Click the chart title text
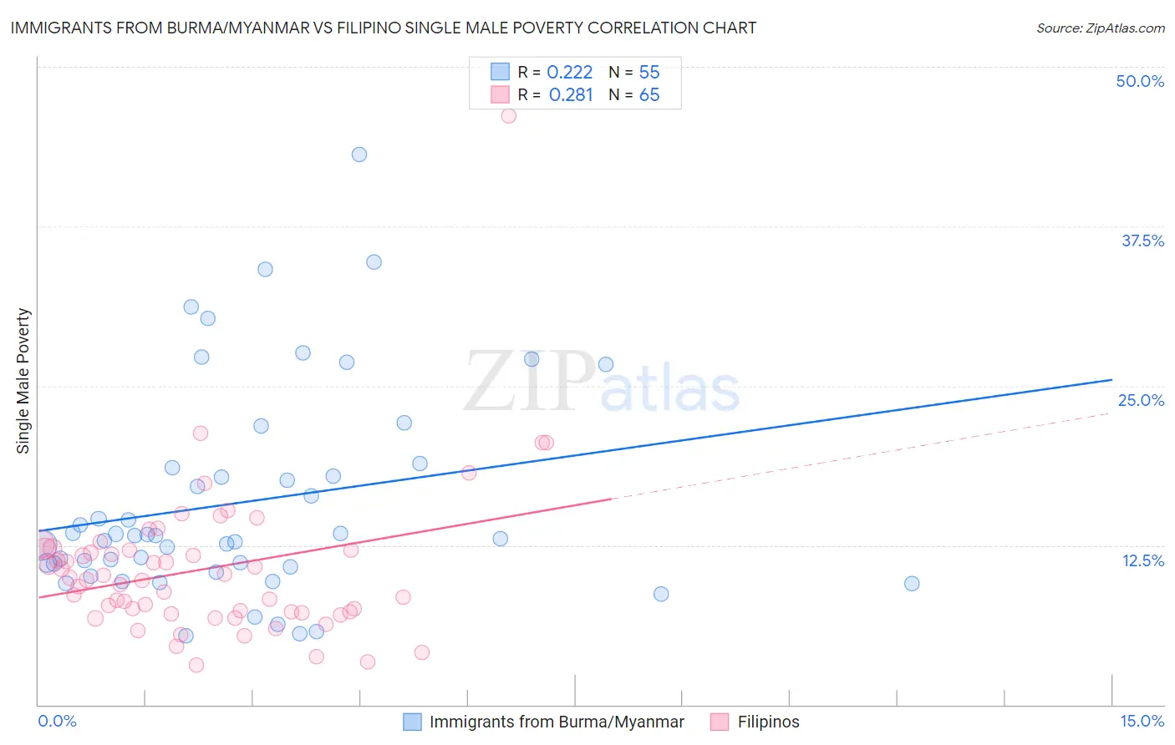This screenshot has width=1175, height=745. point(384,28)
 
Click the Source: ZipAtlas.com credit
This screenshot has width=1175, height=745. point(1100,28)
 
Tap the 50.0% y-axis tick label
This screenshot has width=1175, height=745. point(1140,81)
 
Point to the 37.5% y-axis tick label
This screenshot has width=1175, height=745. point(1142,241)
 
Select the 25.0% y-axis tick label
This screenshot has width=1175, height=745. point(1141,400)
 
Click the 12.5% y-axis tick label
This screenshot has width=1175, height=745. point(1142,560)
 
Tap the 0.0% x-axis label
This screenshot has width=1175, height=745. point(57,721)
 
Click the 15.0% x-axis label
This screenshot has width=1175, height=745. point(1142,721)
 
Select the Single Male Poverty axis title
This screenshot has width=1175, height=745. point(23,381)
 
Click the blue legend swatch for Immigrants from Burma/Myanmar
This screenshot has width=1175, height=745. point(412,722)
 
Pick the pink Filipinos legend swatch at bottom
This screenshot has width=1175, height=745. point(720,722)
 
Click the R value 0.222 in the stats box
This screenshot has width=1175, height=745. point(569,72)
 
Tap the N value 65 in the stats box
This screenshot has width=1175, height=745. point(649,94)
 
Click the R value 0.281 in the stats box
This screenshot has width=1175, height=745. point(571,94)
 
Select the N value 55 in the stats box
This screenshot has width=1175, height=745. point(649,72)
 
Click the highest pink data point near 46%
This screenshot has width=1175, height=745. point(508,116)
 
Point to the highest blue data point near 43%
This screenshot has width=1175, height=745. point(359,155)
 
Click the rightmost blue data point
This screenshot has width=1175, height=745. point(912,584)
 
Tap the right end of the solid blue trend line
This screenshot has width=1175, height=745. point(1111,380)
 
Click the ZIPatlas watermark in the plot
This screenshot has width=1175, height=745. point(602,383)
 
